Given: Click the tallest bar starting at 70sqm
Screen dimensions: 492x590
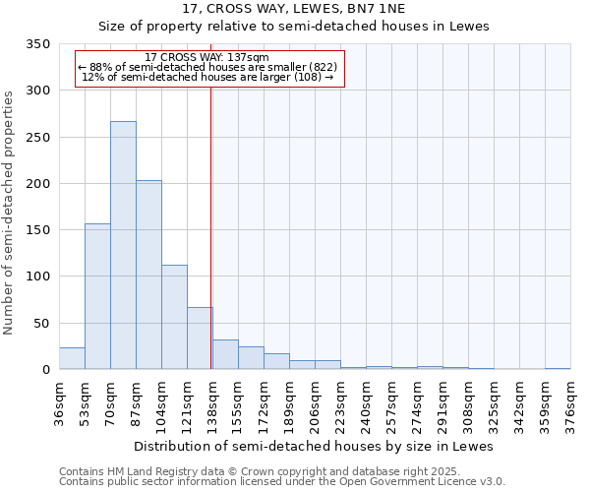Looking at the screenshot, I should [x=123, y=246].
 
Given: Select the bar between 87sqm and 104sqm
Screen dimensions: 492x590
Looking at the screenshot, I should [x=148, y=276].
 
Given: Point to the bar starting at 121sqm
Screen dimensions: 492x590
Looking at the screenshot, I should [x=200, y=338].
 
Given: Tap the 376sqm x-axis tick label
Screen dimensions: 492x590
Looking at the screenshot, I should [x=571, y=404].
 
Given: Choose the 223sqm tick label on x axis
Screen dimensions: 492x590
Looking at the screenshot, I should [x=341, y=404].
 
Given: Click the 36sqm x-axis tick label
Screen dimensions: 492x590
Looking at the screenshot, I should [x=60, y=404].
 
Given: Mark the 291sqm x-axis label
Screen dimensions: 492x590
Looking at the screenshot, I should [x=443, y=404].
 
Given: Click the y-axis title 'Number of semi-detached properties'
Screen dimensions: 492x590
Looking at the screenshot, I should [x=9, y=212].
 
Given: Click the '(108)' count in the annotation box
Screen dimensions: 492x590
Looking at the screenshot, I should [x=306, y=76].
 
